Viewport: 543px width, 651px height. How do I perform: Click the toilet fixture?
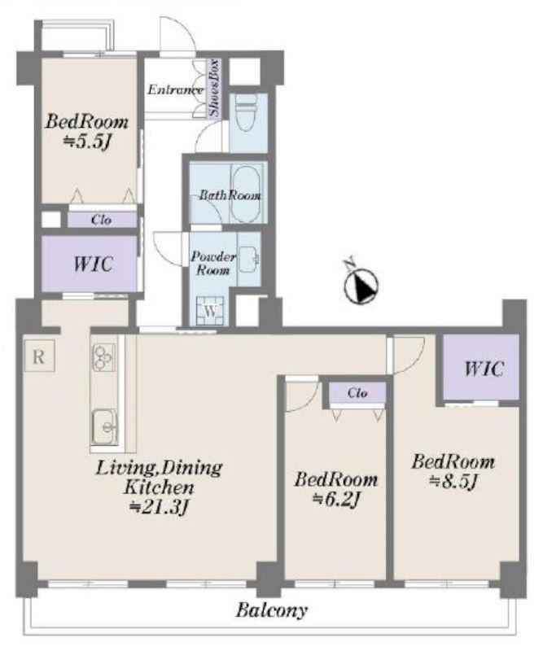[x=247, y=112]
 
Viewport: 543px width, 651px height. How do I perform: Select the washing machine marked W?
[x=211, y=311]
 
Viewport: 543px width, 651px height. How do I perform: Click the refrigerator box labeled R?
[x=39, y=356]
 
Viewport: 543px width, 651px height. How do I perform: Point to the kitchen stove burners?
[x=103, y=357]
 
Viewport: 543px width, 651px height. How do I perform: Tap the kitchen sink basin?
[x=104, y=426]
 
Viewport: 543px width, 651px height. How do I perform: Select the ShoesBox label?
[x=214, y=88]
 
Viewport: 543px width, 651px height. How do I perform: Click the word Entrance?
[x=175, y=90]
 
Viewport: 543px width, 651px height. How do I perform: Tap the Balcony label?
[x=272, y=609]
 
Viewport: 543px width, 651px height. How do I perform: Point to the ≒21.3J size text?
[x=160, y=507]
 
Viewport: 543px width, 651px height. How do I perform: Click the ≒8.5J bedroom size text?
[x=453, y=481]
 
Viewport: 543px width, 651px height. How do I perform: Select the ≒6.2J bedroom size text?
[x=335, y=499]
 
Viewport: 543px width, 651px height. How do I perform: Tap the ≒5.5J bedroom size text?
[x=88, y=142]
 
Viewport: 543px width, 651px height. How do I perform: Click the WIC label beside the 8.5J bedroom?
[x=484, y=369]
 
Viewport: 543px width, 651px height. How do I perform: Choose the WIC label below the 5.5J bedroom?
[x=93, y=264]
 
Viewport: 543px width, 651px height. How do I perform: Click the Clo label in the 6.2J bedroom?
[x=357, y=393]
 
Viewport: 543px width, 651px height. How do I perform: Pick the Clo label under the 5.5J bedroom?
[x=102, y=220]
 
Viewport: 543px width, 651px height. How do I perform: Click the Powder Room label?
[x=212, y=264]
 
